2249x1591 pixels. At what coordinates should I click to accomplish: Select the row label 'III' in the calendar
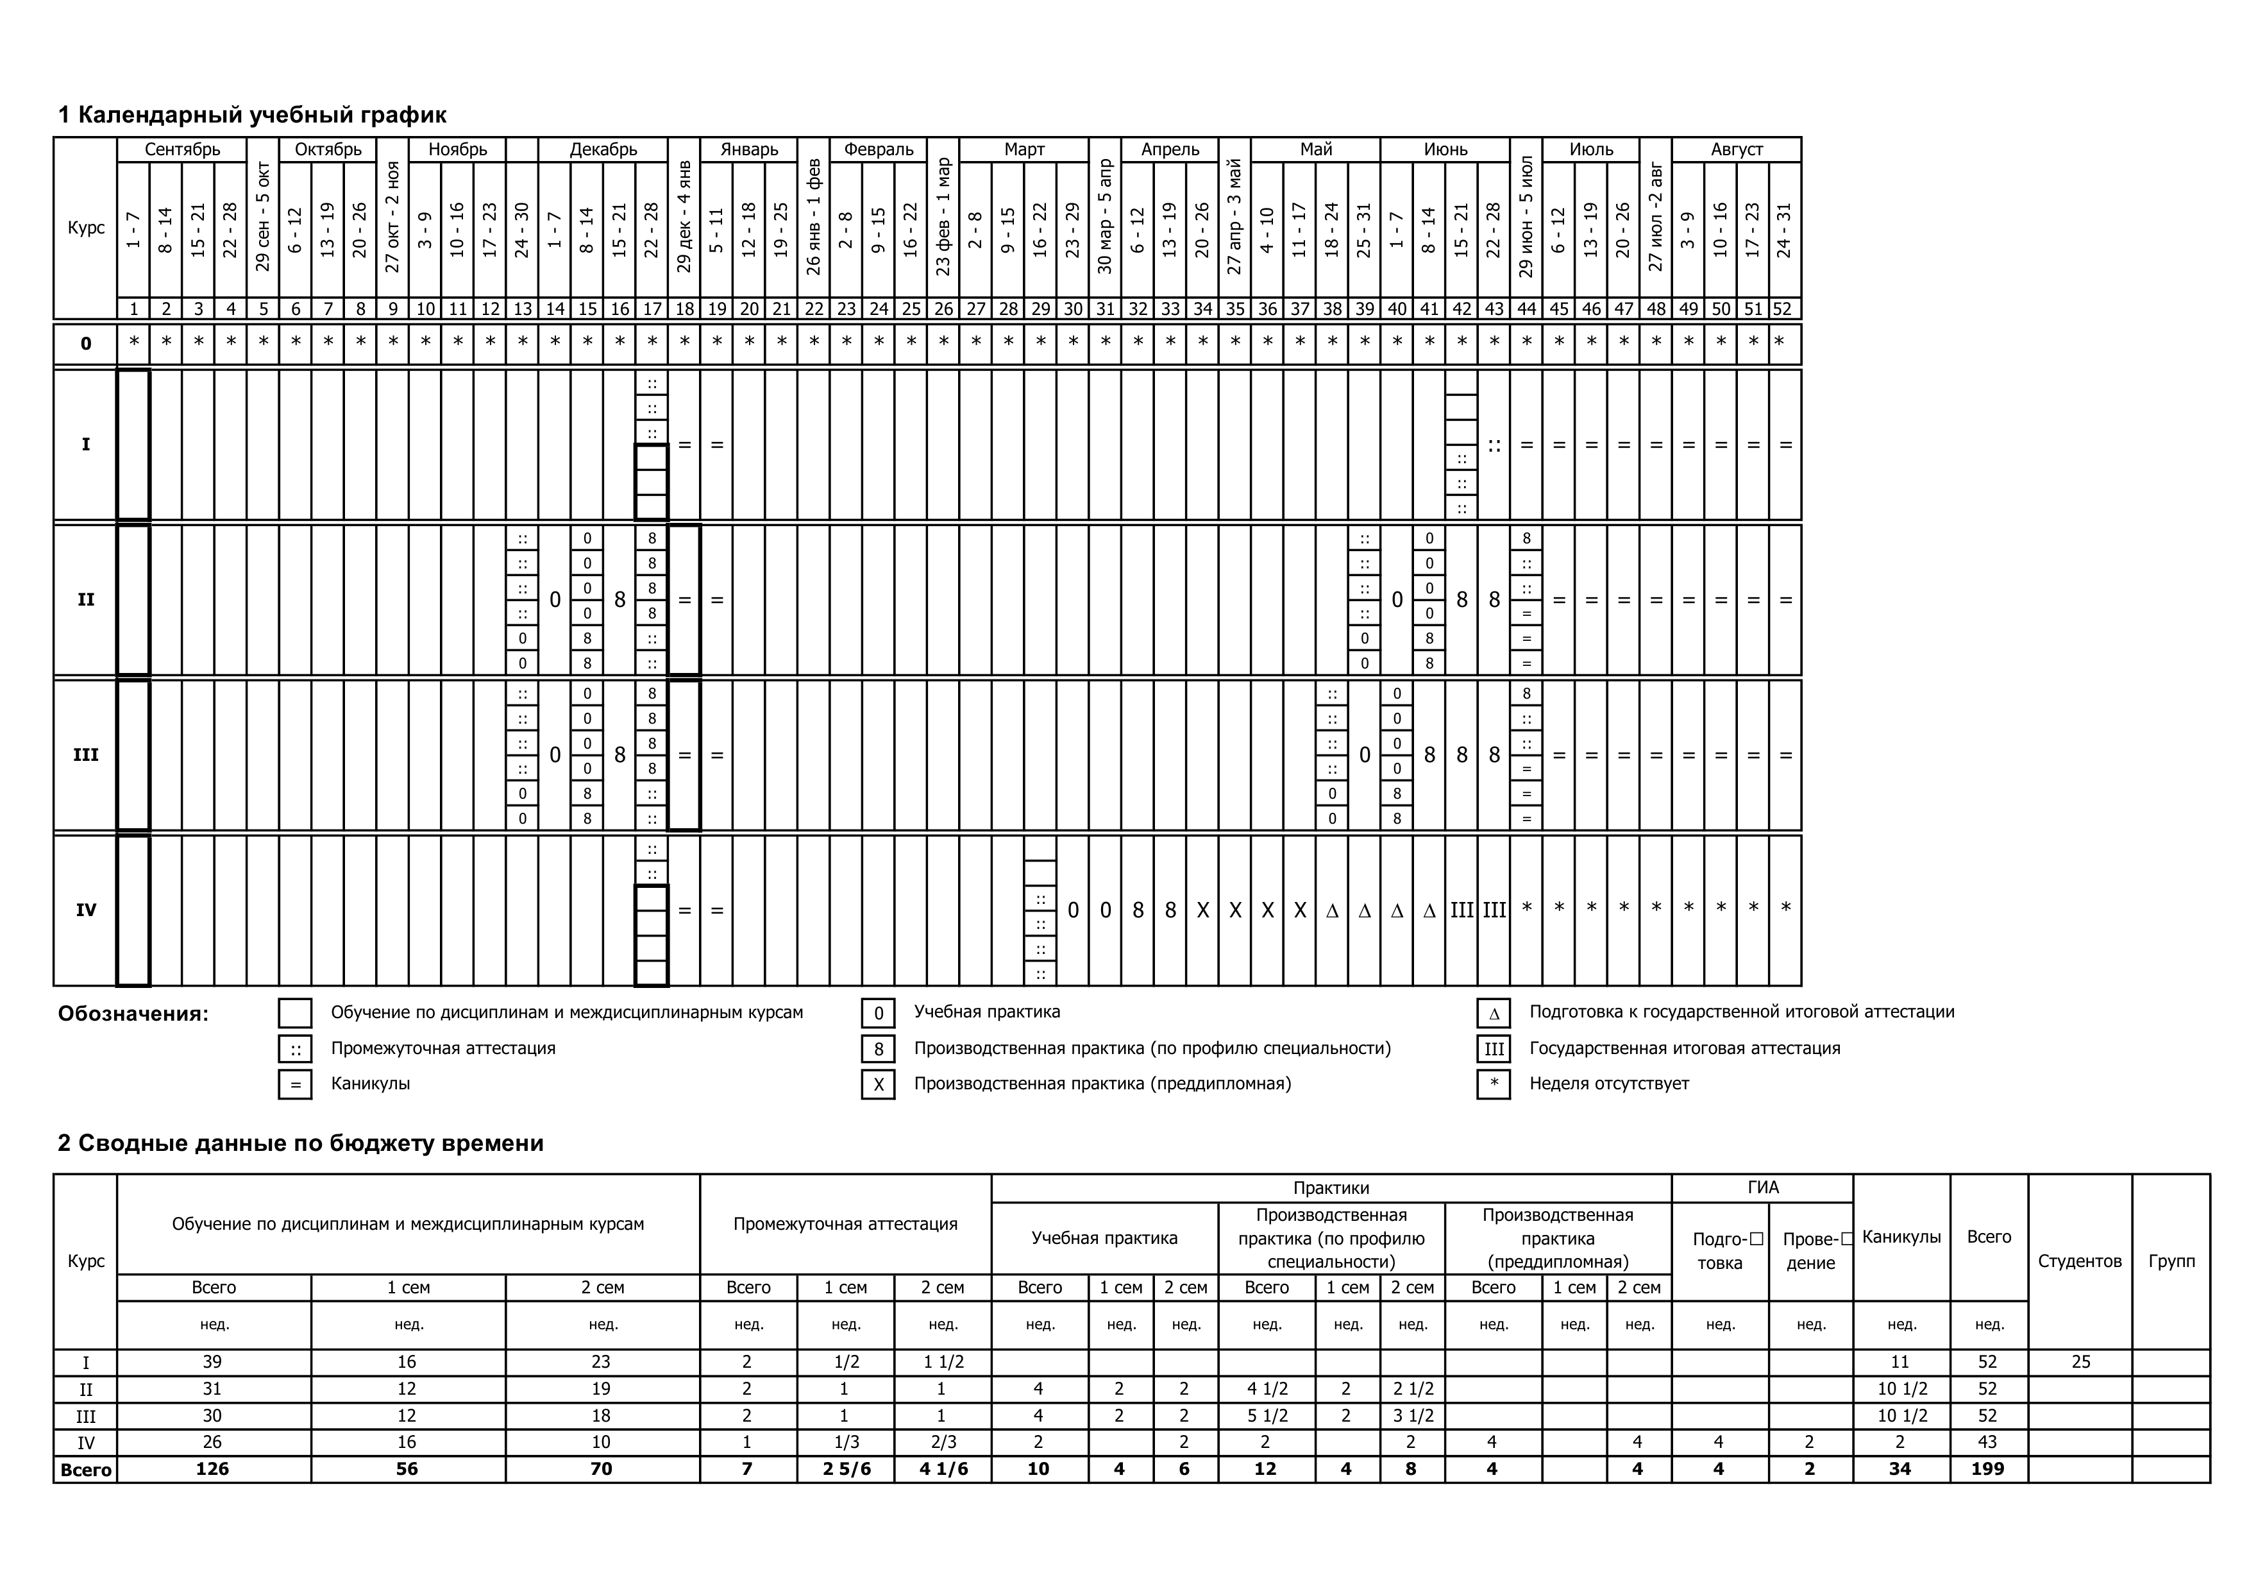pyautogui.click(x=85, y=755)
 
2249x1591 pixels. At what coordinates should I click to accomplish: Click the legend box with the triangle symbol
pyautogui.click(x=1493, y=1013)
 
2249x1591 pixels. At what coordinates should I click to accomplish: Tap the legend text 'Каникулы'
pyautogui.click(x=370, y=1084)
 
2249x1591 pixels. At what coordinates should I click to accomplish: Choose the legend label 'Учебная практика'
pyautogui.click(x=986, y=1011)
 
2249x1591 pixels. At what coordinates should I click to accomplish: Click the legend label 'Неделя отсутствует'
pyautogui.click(x=1608, y=1084)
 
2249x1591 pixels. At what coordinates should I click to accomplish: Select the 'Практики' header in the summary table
pyautogui.click(x=1330, y=1188)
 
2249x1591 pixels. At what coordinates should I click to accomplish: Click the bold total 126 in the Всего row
pyautogui.click(x=212, y=1468)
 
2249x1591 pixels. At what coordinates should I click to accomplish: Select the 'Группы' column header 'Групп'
pyautogui.click(x=2171, y=1261)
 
